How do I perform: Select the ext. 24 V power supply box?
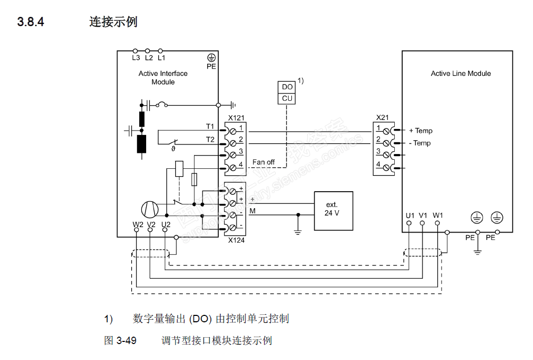333,210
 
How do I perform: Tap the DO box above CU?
287,87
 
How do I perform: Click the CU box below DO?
287,98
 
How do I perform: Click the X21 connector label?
382,117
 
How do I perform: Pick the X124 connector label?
236,240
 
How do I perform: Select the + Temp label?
420,131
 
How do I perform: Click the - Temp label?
420,143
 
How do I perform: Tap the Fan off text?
264,162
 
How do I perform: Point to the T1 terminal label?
210,126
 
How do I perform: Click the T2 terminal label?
210,139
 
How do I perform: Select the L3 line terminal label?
136,57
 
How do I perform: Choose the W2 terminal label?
138,224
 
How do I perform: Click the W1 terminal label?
437,215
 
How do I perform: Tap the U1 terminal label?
410,215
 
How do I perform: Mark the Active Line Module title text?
461,74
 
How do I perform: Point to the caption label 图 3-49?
120,340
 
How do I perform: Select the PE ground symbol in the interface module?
211,58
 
